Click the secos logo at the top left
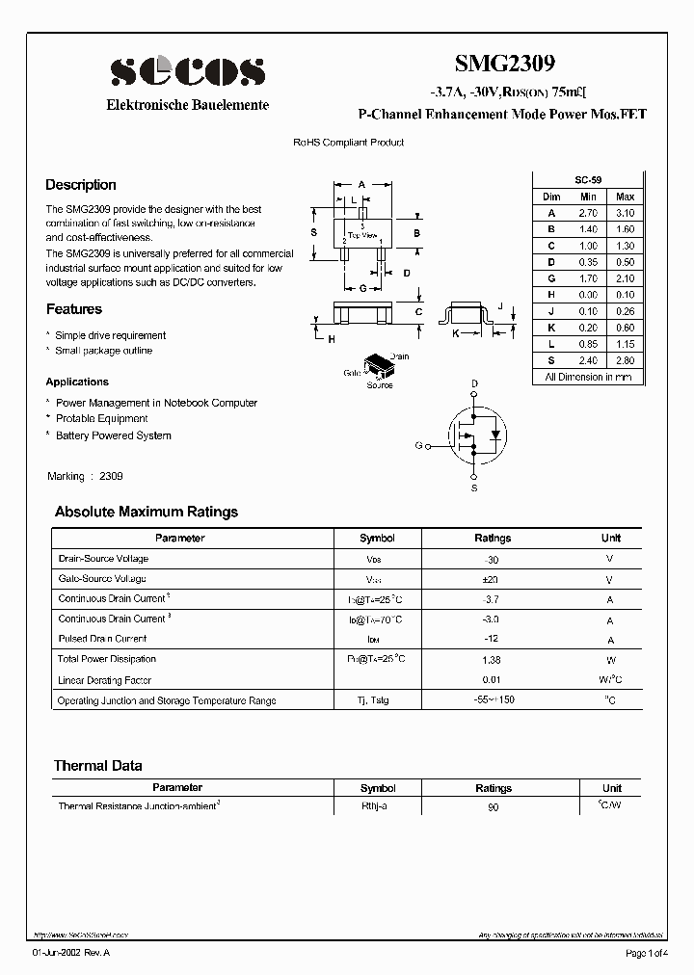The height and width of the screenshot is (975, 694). pos(187,70)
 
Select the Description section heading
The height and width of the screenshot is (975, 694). pos(81,185)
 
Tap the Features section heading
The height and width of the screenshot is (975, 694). pos(74,309)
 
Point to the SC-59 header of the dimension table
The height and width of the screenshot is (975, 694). pos(588,180)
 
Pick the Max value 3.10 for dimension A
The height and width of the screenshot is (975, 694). pos(625,213)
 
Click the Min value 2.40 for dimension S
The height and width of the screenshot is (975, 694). pos(588,360)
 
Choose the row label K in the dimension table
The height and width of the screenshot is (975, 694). pos(551,328)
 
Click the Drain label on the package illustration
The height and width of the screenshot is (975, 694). pos(399,356)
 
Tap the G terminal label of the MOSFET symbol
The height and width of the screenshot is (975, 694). pos(418,445)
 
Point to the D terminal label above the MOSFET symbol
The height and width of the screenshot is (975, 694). pos(474,384)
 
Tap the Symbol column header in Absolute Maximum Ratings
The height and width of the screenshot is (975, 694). pos(377,539)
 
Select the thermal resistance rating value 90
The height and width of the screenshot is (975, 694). pos(493,806)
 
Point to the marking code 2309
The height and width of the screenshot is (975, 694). pos(111,476)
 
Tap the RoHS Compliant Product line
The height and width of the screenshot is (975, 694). pos(348,143)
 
